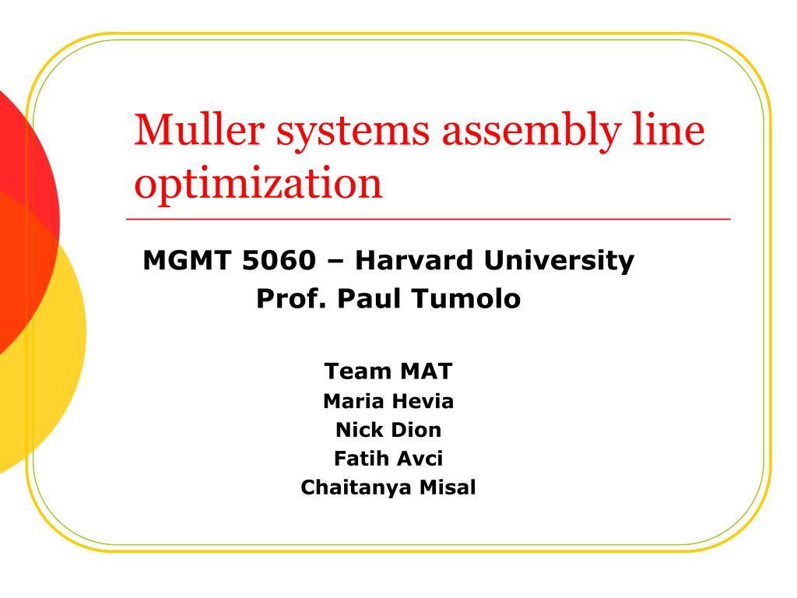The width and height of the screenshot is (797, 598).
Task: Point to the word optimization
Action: pyautogui.click(x=258, y=185)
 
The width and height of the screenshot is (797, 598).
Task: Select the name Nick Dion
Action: pyautogui.click(x=388, y=429)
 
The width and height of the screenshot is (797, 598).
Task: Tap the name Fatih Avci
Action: pyautogui.click(x=388, y=458)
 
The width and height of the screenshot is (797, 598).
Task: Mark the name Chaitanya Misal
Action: pyautogui.click(x=388, y=487)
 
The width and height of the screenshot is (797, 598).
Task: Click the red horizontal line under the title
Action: pyautogui.click(x=428, y=220)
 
